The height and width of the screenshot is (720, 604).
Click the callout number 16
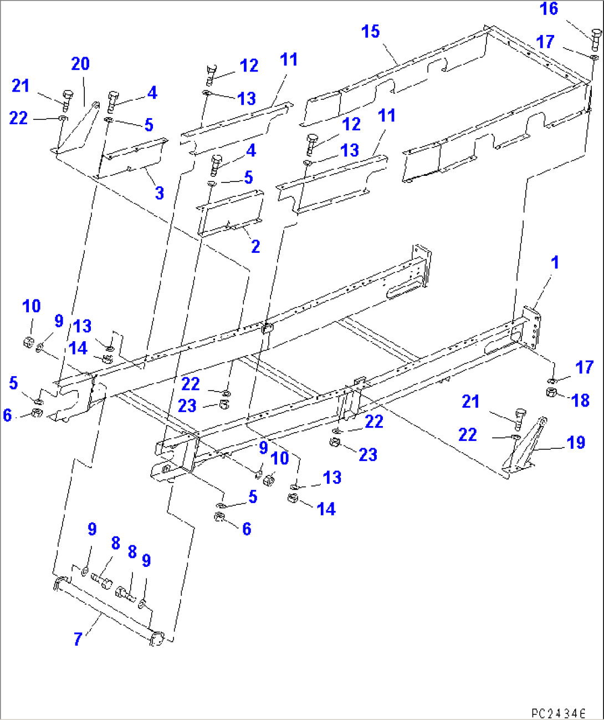click(549, 9)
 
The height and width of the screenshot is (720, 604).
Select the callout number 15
click(370, 32)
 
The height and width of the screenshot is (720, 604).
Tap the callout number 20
click(80, 64)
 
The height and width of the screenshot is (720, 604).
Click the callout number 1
click(555, 262)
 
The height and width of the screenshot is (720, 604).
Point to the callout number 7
click(78, 639)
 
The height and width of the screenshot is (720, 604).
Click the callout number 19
click(576, 442)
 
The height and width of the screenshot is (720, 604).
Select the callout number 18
click(580, 400)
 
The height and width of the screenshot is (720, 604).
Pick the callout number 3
click(159, 192)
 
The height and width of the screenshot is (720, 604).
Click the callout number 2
click(255, 246)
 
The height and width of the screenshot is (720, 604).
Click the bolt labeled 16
click(594, 39)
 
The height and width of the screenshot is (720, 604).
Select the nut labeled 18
click(551, 393)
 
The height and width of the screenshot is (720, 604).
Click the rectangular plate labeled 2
click(230, 214)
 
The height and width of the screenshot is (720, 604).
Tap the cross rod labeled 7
click(105, 610)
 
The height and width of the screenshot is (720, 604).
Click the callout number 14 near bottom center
click(326, 509)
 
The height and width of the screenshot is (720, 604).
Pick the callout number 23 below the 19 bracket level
click(367, 455)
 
